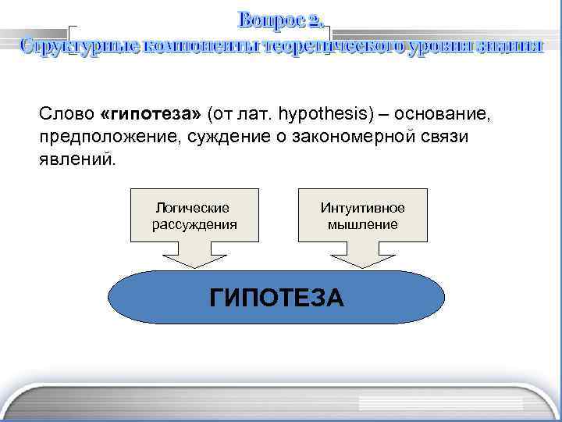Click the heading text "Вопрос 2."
280,18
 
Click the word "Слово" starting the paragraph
67,115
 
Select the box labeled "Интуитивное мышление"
362,215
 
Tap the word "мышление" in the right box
362,224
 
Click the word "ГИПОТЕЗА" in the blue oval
276,298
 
